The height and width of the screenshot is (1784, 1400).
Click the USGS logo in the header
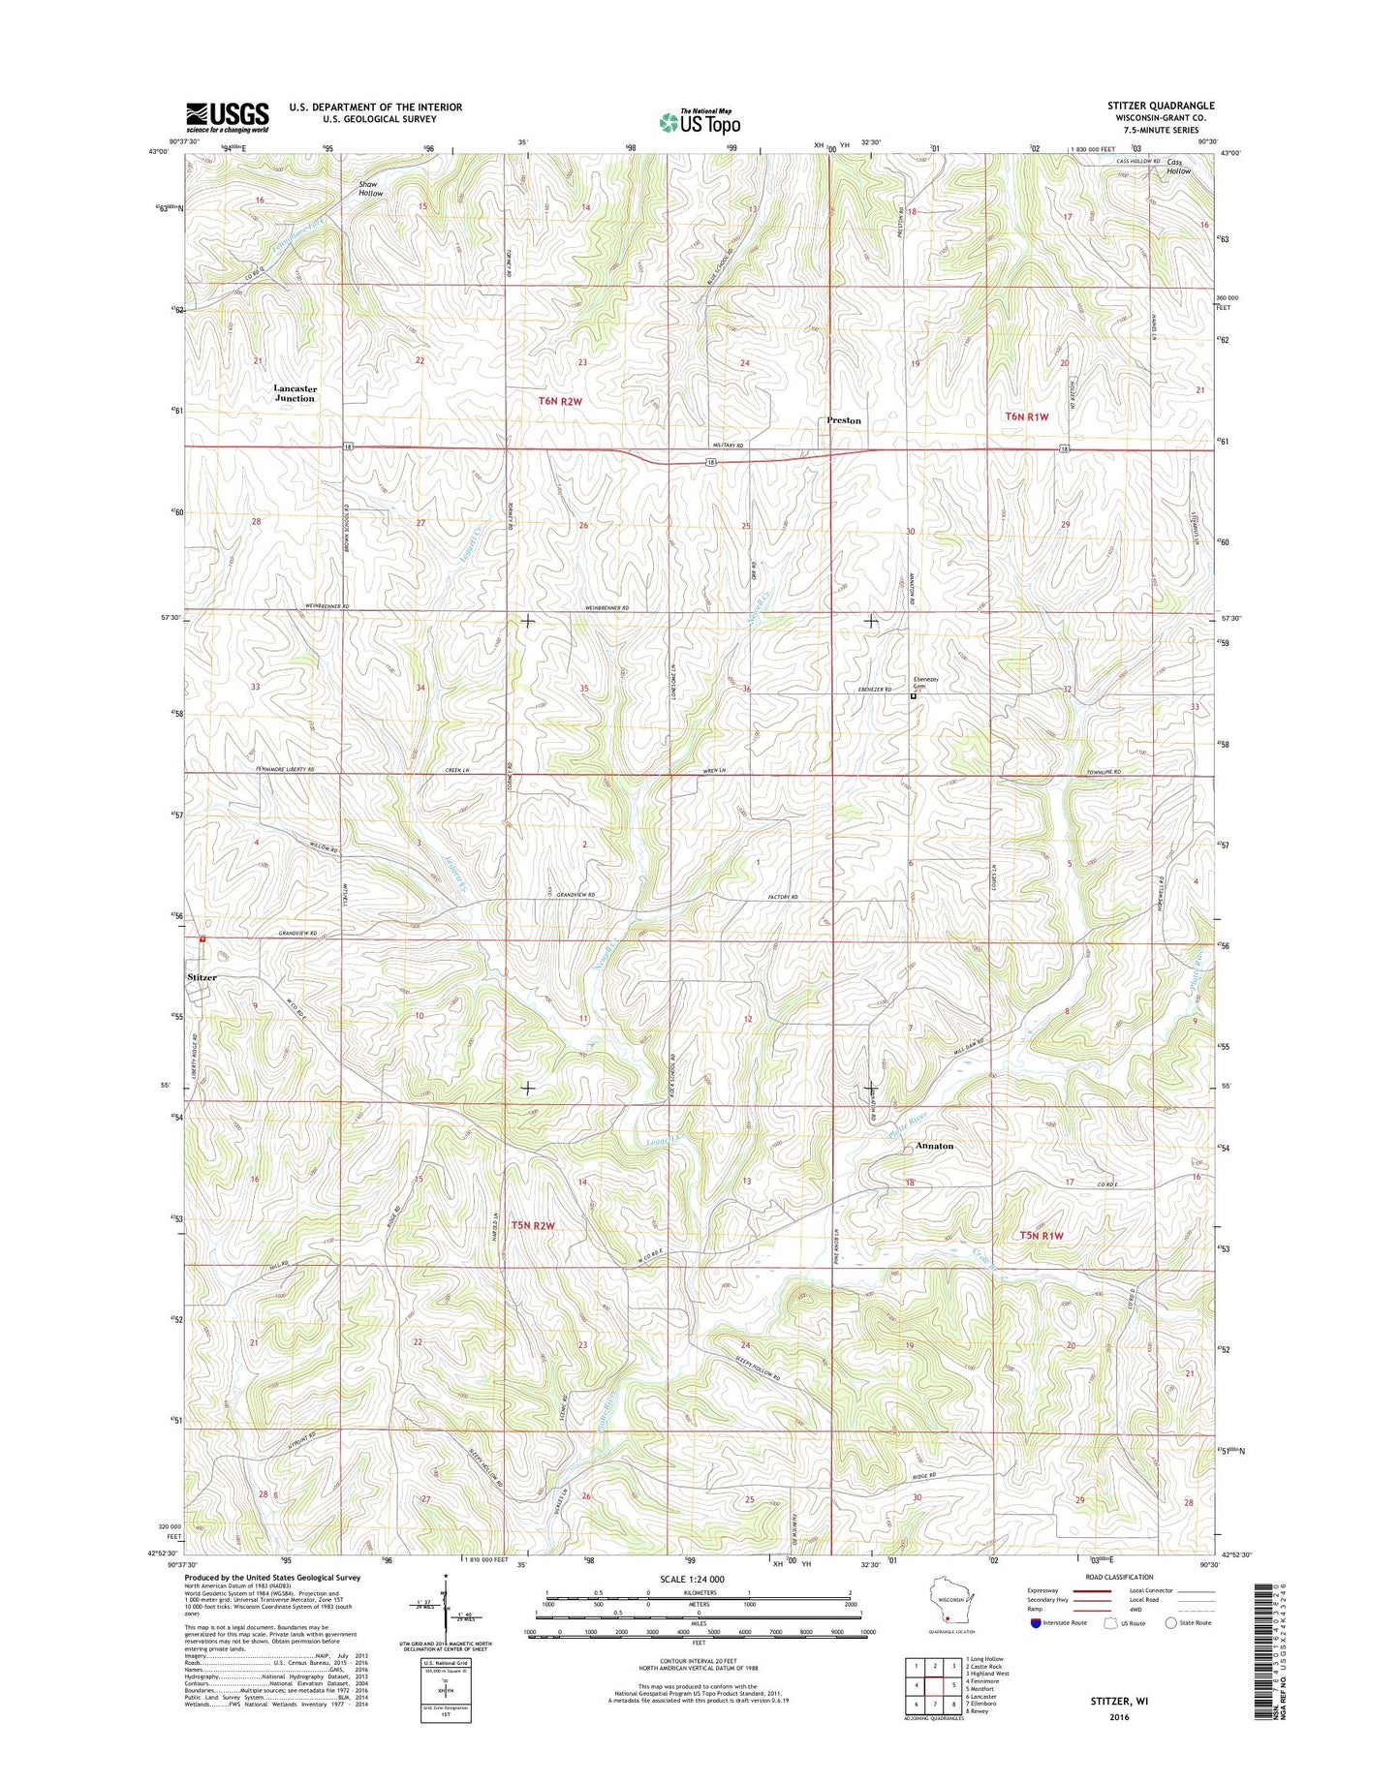[x=227, y=117]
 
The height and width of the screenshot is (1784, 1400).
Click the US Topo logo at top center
[x=700, y=122]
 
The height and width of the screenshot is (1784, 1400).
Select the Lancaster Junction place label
[x=295, y=393]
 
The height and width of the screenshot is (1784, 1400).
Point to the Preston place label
[x=844, y=420]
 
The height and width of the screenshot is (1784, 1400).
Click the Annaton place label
[x=934, y=1146]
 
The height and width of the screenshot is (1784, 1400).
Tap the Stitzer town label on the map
[x=202, y=977]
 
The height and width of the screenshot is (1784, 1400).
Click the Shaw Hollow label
[x=370, y=188]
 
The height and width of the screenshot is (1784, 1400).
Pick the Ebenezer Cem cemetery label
[x=923, y=682]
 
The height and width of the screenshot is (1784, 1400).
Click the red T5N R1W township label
[x=1042, y=1235]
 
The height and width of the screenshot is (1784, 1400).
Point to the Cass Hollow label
[x=1177, y=167]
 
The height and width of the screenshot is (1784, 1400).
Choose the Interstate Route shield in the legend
[x=1036, y=1623]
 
